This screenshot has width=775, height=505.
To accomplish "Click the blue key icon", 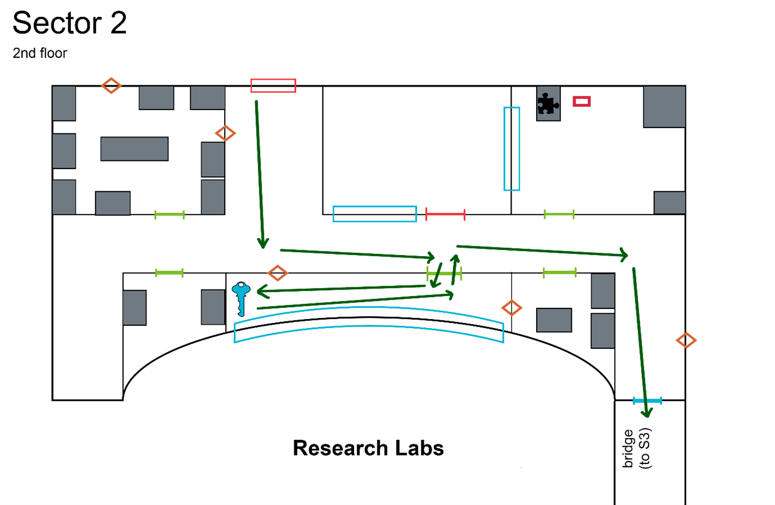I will pyautogui.click(x=241, y=298).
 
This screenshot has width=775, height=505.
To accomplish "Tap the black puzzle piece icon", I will pyautogui.click(x=547, y=104).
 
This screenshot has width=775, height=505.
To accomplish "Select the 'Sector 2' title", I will pyautogui.click(x=70, y=23).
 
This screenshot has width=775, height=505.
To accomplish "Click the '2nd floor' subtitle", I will pyautogui.click(x=40, y=53).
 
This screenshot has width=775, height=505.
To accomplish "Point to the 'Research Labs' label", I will pyautogui.click(x=368, y=448).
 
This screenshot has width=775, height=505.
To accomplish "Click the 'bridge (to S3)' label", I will pyautogui.click(x=637, y=448).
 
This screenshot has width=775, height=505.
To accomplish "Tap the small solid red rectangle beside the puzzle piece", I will pyautogui.click(x=582, y=101).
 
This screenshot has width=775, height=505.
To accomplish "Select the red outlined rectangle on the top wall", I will pyautogui.click(x=273, y=85).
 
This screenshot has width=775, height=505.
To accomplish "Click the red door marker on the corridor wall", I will pyautogui.click(x=445, y=214).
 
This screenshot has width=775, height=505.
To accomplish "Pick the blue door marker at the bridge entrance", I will pyautogui.click(x=647, y=401).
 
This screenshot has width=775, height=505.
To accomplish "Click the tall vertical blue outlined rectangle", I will pyautogui.click(x=511, y=149).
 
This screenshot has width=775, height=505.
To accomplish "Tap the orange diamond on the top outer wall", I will pyautogui.click(x=111, y=85).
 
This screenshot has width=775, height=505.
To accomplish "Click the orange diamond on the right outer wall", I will pyautogui.click(x=686, y=340).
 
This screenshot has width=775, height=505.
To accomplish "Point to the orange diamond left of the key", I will pyautogui.click(x=277, y=273).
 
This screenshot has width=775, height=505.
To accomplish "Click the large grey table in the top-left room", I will pyautogui.click(x=134, y=149).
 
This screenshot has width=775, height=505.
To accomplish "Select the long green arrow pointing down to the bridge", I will pyautogui.click(x=640, y=340).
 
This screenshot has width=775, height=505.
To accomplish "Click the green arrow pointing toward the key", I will pyautogui.click(x=340, y=289).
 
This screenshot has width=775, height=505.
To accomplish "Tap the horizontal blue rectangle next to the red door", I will pyautogui.click(x=375, y=214).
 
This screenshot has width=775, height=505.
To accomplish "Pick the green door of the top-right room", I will pyautogui.click(x=559, y=214).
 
